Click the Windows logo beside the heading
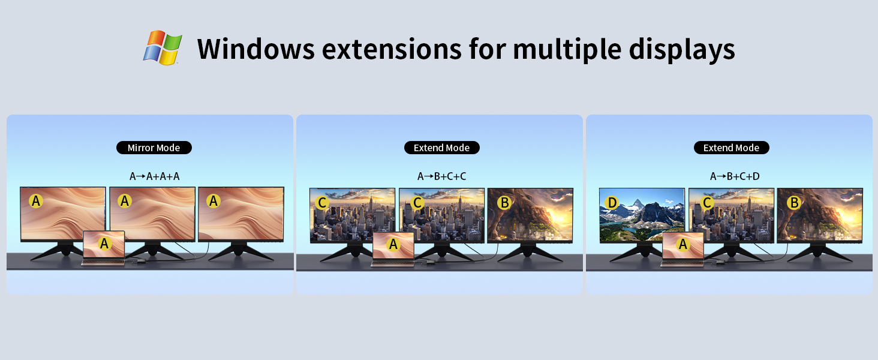coord(163,48)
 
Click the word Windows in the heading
coord(255,49)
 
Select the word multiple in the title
coord(566,49)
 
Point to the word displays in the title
coord(682,49)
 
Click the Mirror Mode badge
coord(154,148)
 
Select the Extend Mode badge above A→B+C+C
coord(441,148)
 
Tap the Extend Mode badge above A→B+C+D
coord(731,148)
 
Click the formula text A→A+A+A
coord(155,176)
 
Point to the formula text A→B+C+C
coord(442,176)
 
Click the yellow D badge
coord(612,203)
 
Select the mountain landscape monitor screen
coord(642,214)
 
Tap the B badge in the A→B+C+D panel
coord(794,203)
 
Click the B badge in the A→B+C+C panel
coord(504,203)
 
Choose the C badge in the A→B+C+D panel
coord(706,203)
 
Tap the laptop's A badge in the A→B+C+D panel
coord(682,244)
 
